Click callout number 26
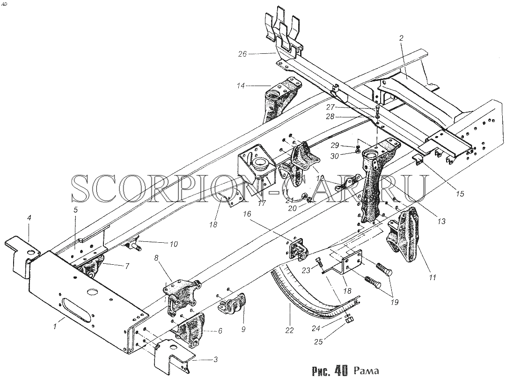[x=242, y=54]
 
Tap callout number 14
[x=241, y=86]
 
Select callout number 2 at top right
[x=401, y=38]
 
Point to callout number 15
[x=460, y=194]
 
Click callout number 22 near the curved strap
[x=289, y=331]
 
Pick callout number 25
[x=318, y=341]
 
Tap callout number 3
[x=215, y=360]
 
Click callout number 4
[x=29, y=218]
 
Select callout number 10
[x=173, y=244]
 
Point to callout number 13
[x=441, y=221]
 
